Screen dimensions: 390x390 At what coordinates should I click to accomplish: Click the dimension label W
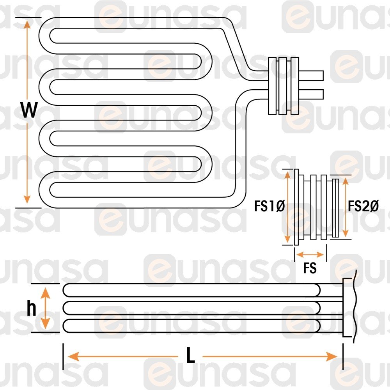29,111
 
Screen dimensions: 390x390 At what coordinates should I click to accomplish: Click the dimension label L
190,356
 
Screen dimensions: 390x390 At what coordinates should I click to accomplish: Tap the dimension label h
32,309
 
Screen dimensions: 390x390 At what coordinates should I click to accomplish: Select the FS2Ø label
363,206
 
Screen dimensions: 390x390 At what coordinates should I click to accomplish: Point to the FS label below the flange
310,269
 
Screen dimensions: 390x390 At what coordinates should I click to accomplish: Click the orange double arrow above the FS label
310,255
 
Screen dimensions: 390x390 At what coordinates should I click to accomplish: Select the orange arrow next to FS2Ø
345,207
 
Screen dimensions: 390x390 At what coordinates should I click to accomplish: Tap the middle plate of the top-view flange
283,86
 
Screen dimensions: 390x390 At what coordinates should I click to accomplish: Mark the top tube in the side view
191,290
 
